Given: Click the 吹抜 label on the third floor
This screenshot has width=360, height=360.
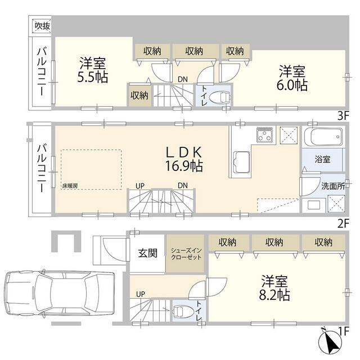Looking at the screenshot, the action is click(x=43, y=26).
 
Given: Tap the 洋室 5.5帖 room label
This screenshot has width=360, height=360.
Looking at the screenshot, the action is click(x=92, y=70).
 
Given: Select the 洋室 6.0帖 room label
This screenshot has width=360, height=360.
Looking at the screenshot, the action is click(x=292, y=78).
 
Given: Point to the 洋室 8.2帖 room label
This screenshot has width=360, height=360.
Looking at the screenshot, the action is click(x=274, y=288).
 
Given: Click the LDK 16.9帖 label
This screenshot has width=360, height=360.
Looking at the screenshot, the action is click(x=184, y=159).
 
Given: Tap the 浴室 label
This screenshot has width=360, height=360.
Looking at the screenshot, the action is click(x=322, y=159).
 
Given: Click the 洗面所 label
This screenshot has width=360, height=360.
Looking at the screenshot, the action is click(x=333, y=186).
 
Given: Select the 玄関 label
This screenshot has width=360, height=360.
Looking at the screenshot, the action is click(x=147, y=253).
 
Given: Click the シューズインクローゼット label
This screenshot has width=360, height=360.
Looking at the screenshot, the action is click(x=186, y=254).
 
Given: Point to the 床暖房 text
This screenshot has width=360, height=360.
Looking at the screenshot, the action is click(x=70, y=186).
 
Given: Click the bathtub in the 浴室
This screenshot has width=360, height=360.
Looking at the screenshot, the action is click(x=323, y=137).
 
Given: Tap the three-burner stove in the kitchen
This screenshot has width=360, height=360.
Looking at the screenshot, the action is click(x=264, y=135).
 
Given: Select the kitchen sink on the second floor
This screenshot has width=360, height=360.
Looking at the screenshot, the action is click(x=241, y=162).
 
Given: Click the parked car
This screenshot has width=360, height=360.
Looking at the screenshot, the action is click(x=60, y=294).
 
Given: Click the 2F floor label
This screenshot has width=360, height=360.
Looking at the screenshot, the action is click(x=343, y=223).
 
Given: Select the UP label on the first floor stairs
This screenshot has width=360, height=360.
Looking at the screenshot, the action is click(x=140, y=294).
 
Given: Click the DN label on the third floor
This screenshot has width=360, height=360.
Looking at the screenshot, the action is click(x=183, y=79).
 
